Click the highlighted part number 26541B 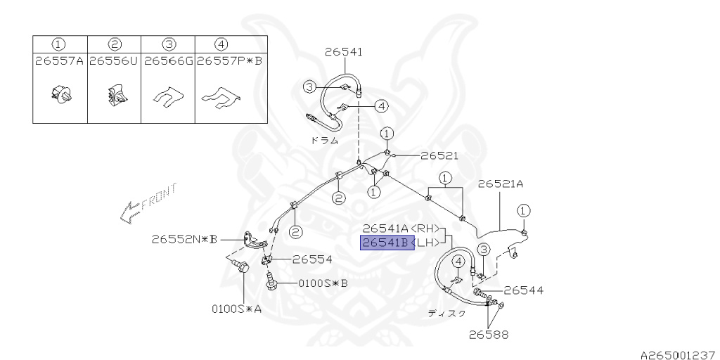[385, 243]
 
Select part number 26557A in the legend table [59, 61]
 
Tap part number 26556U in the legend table [113, 61]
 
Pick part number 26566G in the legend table [167, 61]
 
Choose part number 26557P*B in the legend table [229, 61]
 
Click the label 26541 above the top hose [343, 51]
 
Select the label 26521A [501, 184]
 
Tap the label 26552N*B [184, 239]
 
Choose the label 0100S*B [323, 284]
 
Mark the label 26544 [523, 290]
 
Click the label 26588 [489, 335]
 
